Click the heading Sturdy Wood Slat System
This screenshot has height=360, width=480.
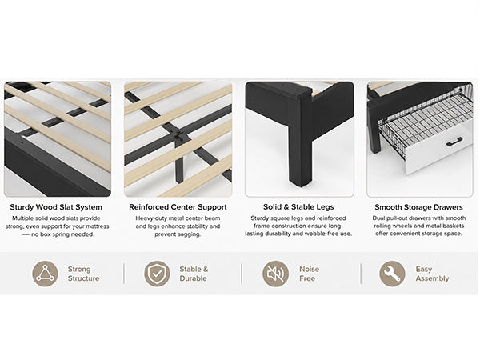coord(56,207)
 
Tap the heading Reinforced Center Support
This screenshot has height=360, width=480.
coord(178,207)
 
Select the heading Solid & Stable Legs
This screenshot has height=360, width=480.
coord(298,207)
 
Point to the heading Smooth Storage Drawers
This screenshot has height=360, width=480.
coord(418,207)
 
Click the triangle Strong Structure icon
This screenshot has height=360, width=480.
coord(45,274)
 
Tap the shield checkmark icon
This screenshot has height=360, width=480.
coord(157,274)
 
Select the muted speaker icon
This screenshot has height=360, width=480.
coord(275,274)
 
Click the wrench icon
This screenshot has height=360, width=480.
coord(392,274)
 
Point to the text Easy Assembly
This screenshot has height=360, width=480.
coord(432,274)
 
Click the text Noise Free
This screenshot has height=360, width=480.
coord(309,274)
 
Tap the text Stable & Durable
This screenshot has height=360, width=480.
coord(194,274)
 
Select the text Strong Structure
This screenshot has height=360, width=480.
coord(83,274)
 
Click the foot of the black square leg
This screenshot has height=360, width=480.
coord(301,182)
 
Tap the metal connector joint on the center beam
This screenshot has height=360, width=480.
coord(180,136)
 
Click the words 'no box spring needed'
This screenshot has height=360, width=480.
coord(62,234)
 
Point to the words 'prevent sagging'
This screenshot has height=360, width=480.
coord(178,234)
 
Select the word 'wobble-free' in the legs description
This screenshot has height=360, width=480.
coord(324,234)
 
